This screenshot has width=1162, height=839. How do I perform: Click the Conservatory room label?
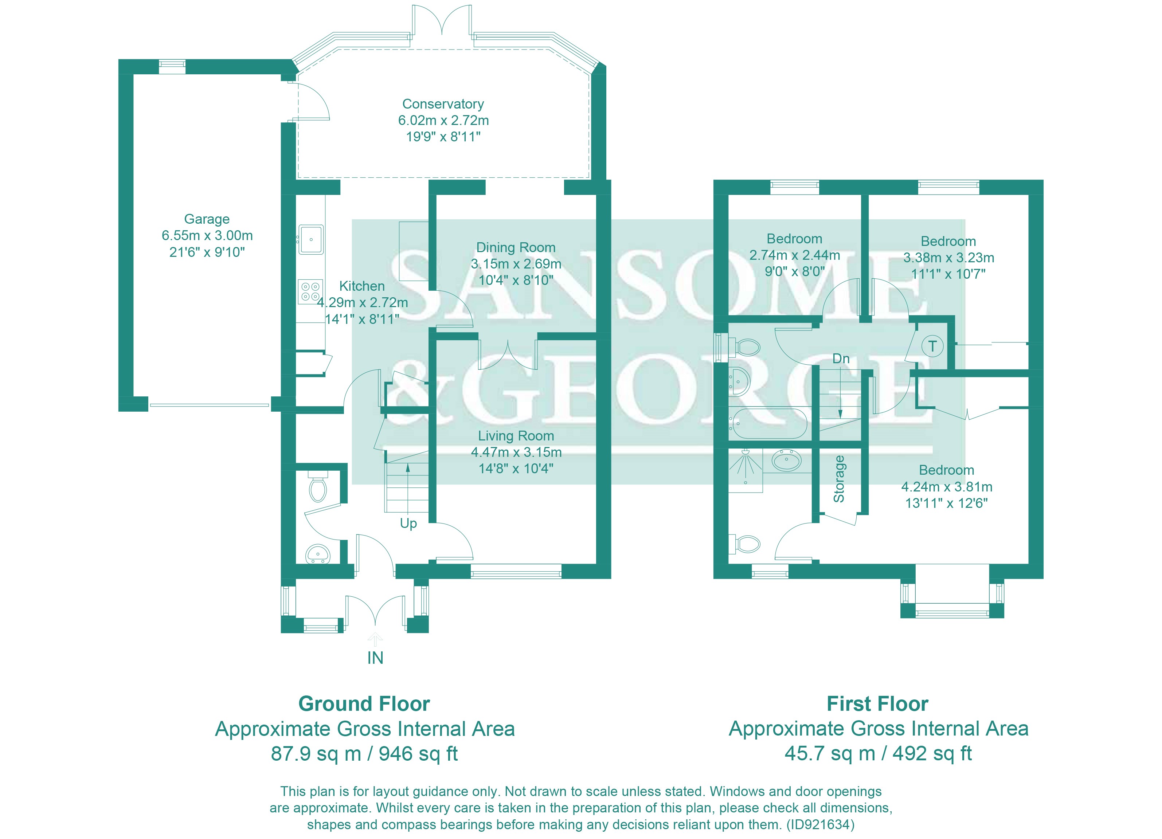click(x=443, y=104)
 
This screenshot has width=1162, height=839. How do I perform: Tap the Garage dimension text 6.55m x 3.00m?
click(x=207, y=236)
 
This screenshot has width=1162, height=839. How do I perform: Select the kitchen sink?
click(x=311, y=239)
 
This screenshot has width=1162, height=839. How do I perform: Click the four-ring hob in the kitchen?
click(x=310, y=291)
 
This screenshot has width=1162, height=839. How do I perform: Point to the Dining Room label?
click(x=516, y=247)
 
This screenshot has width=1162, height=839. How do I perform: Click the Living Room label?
click(x=516, y=436)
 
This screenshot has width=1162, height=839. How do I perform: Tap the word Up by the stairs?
click(x=408, y=524)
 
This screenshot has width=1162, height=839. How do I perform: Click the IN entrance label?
click(x=375, y=658)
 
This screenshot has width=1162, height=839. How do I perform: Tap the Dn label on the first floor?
click(x=841, y=358)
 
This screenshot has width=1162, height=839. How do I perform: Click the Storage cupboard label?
click(x=839, y=479)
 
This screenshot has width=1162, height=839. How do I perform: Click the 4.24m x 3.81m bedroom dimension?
click(x=946, y=487)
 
